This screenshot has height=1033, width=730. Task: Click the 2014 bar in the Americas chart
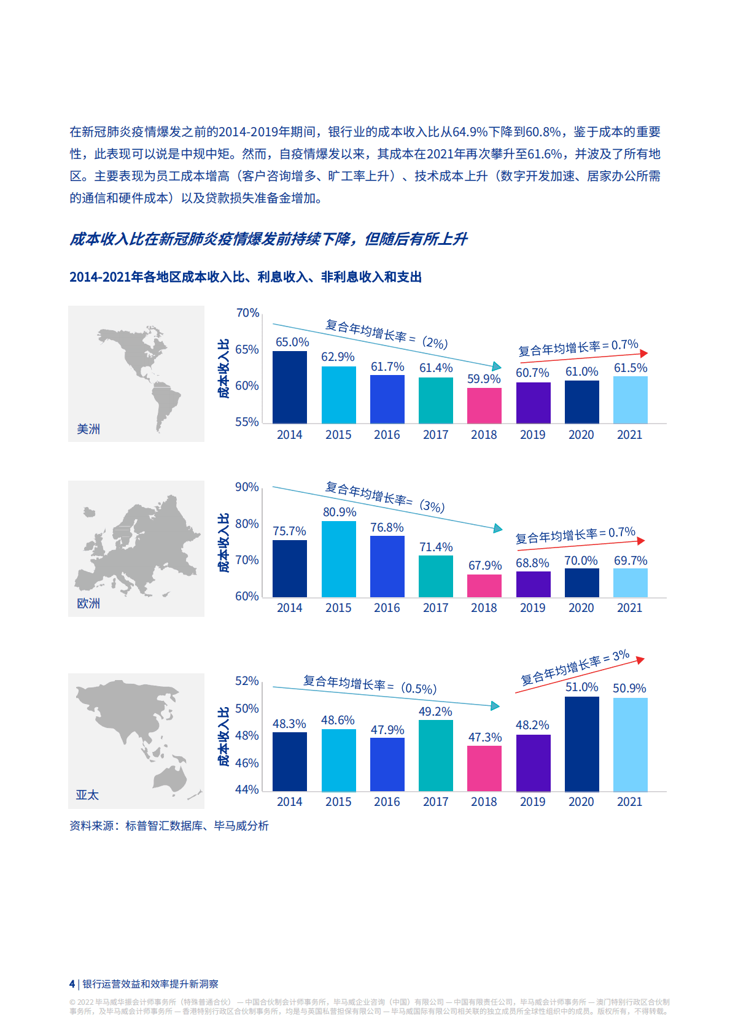[x=289, y=387]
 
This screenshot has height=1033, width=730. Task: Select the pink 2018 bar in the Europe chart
[x=484, y=586]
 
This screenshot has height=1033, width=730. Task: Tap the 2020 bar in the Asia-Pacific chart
[x=581, y=743]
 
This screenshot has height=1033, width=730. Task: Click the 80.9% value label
[x=340, y=512]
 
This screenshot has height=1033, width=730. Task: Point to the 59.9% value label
[x=484, y=379]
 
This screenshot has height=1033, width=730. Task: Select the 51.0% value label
[x=581, y=687]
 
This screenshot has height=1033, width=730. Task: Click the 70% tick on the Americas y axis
[x=247, y=313]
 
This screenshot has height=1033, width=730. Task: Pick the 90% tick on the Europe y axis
[x=247, y=487]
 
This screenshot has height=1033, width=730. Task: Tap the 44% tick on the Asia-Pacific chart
[x=247, y=789]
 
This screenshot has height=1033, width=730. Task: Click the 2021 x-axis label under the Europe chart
[x=629, y=608]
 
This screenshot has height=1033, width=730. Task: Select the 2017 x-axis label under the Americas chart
[x=435, y=435]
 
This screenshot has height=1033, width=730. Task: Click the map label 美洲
[x=88, y=429]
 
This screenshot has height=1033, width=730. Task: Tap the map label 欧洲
[x=88, y=603]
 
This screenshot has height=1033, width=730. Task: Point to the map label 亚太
[x=87, y=795]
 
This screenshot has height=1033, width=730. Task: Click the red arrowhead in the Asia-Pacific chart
[x=640, y=660]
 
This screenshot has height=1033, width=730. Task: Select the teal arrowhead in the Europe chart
[x=498, y=528]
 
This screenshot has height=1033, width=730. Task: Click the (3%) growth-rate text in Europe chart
[x=432, y=506]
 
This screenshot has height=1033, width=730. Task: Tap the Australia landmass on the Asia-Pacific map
[x=170, y=778]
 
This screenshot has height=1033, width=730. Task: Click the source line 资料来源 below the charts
[x=169, y=826]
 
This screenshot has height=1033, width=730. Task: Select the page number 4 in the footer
[x=72, y=983]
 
